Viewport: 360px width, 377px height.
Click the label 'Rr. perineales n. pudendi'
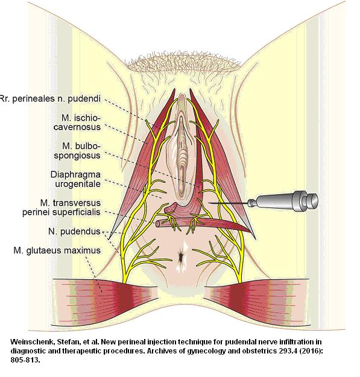coord(50,99)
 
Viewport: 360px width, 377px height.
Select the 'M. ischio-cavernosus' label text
coord(77,122)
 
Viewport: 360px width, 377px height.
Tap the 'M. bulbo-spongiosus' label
coord(77,151)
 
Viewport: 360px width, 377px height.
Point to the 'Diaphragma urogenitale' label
coord(75,179)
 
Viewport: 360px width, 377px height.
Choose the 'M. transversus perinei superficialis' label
coord(62,208)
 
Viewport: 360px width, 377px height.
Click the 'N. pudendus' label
coord(74,231)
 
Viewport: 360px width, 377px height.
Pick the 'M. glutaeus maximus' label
coord(57,250)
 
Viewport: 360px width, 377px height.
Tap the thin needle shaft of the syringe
coord(229,203)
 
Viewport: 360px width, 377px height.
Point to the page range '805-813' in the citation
coord(24,360)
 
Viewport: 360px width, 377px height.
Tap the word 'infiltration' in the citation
coord(297,342)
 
